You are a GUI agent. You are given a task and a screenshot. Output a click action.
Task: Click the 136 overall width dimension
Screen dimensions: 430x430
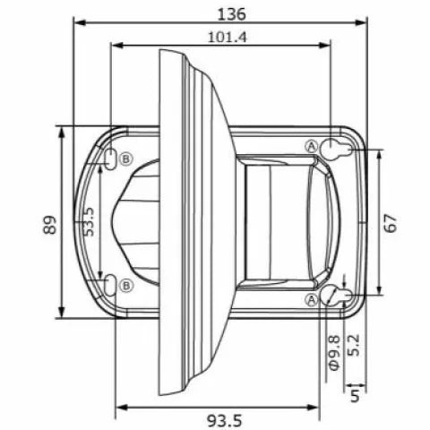pyautogui.click(x=231, y=13)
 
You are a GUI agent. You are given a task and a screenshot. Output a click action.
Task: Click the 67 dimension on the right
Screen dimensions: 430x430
pyautogui.click(x=390, y=222)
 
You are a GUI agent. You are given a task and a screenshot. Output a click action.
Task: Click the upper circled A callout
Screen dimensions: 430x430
pyautogui.click(x=312, y=146)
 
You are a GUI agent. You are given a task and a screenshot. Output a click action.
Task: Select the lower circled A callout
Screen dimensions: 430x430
pyautogui.click(x=312, y=298)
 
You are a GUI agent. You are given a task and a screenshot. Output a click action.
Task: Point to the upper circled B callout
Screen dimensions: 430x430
pyautogui.click(x=126, y=159)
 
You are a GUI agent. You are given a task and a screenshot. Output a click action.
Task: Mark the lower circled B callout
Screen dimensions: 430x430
pyautogui.click(x=126, y=285)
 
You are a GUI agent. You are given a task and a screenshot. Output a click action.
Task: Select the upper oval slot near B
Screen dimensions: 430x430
pyautogui.click(x=110, y=159)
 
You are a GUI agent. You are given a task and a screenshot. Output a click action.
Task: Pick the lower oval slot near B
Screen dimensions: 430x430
pyautogui.click(x=110, y=285)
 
